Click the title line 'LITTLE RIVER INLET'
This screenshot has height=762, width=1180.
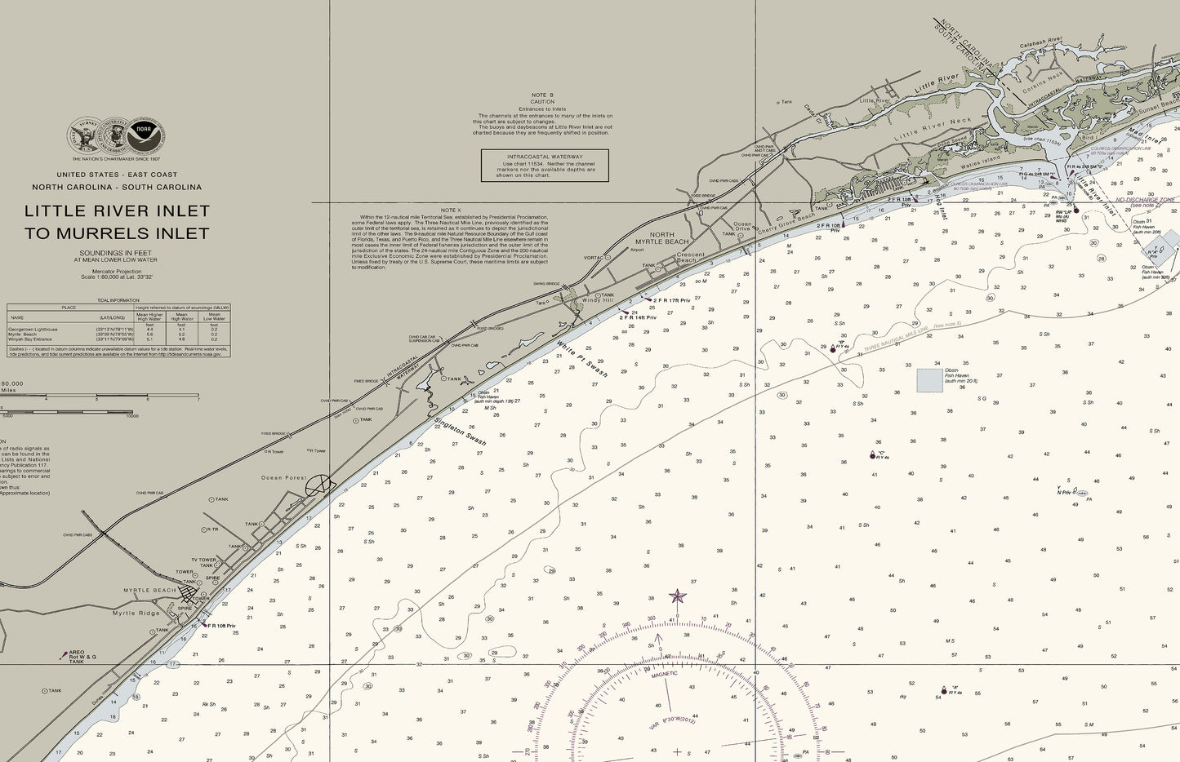point(117,210)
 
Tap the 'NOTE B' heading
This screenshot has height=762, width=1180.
point(542,95)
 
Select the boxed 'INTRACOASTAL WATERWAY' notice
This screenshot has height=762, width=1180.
point(545,165)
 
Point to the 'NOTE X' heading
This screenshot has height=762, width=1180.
point(450,210)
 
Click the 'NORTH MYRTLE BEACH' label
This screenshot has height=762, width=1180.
point(662,238)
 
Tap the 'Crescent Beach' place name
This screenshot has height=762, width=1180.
point(689,258)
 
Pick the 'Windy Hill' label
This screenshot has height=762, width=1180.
point(597,300)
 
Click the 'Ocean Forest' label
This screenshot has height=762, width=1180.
point(283,478)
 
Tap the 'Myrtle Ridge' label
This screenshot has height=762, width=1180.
point(136,613)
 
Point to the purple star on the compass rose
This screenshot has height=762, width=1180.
point(677,596)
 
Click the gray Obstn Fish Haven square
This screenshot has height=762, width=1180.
point(929,380)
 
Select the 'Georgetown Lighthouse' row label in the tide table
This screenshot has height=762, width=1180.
point(34,329)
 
